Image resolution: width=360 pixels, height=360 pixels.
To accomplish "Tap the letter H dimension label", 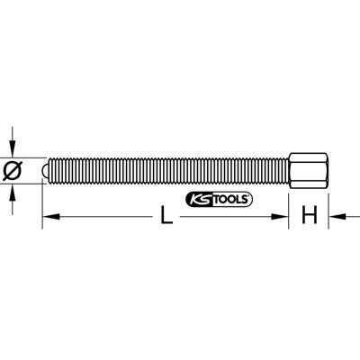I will [309, 215].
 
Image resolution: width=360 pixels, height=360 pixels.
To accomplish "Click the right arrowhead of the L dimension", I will [283, 215].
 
